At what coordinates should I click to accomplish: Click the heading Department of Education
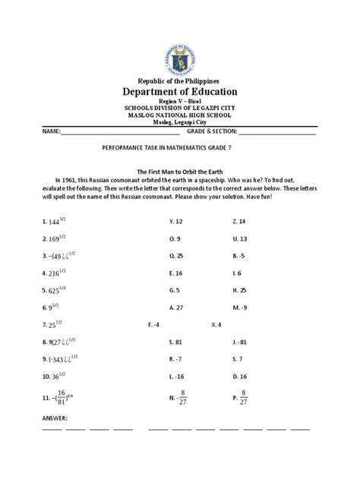click(180, 91)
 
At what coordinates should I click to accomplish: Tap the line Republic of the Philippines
click(180, 80)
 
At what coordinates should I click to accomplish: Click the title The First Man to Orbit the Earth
click(180, 172)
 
